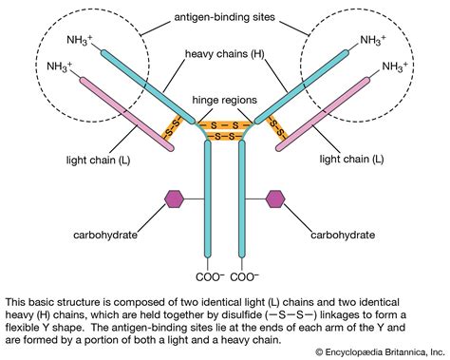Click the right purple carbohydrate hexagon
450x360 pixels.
(x=276, y=199)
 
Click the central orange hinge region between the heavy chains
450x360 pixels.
(x=225, y=127)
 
